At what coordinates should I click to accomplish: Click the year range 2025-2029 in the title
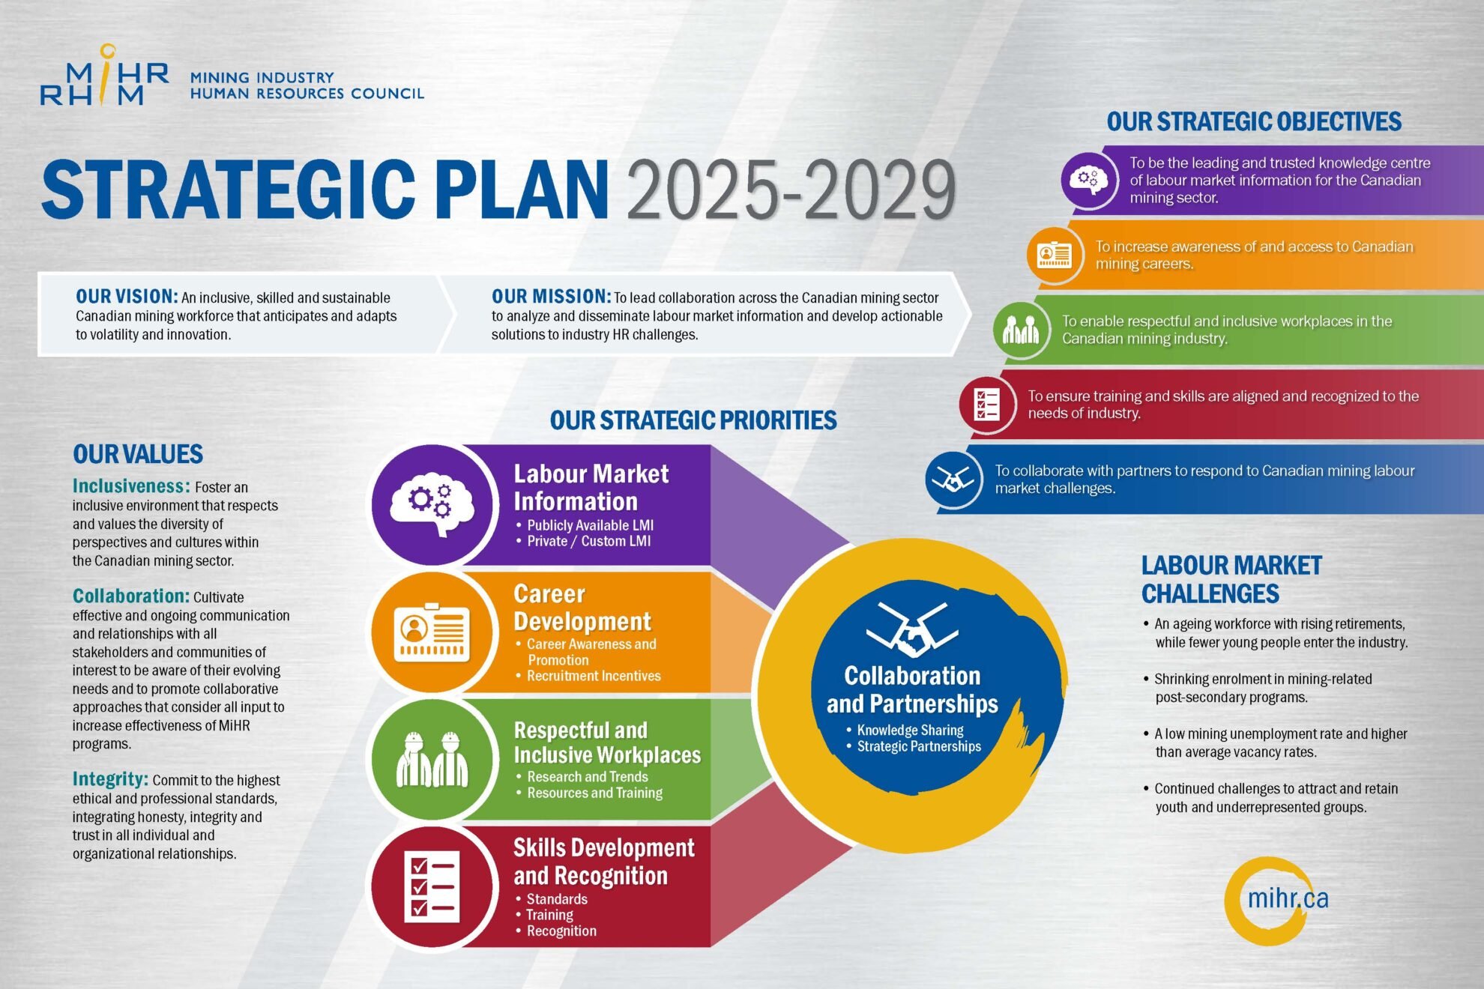(791, 190)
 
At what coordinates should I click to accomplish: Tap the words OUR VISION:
(127, 297)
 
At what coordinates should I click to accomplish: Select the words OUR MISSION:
(551, 297)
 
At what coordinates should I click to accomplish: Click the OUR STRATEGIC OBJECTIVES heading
(1254, 121)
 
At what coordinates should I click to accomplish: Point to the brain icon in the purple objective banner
(1089, 181)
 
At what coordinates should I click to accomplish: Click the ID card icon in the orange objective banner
(1055, 255)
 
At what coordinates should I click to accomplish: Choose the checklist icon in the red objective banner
(987, 405)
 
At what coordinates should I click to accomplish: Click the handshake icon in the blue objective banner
(953, 480)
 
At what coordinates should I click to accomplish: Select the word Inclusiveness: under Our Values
(131, 486)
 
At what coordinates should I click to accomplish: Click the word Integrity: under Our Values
(110, 779)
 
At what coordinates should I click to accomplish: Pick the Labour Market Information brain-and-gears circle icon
(432, 504)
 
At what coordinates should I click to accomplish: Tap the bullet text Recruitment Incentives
(594, 676)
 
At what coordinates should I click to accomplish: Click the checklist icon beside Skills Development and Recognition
(432, 887)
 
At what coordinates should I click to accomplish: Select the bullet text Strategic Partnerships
(919, 746)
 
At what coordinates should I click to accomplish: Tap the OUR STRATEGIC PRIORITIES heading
(693, 421)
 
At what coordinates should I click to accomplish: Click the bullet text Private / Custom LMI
(589, 541)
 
